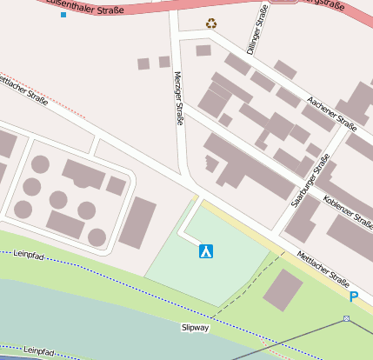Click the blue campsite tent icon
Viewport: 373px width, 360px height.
point(206,251)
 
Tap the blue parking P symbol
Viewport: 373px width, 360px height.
point(353,297)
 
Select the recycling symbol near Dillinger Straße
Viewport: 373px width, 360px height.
point(211,23)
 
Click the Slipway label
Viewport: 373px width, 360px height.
point(196,328)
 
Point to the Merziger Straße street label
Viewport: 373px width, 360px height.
point(179,98)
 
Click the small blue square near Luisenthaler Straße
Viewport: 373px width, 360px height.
point(63,15)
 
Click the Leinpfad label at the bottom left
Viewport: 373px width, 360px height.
point(40,350)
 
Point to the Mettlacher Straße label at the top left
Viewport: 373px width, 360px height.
point(23,87)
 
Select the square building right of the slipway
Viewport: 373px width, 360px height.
point(283,290)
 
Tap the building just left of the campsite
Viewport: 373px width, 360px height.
point(137,223)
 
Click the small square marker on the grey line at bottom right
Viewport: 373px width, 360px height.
point(346,319)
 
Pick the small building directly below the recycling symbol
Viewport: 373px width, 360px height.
point(203,50)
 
